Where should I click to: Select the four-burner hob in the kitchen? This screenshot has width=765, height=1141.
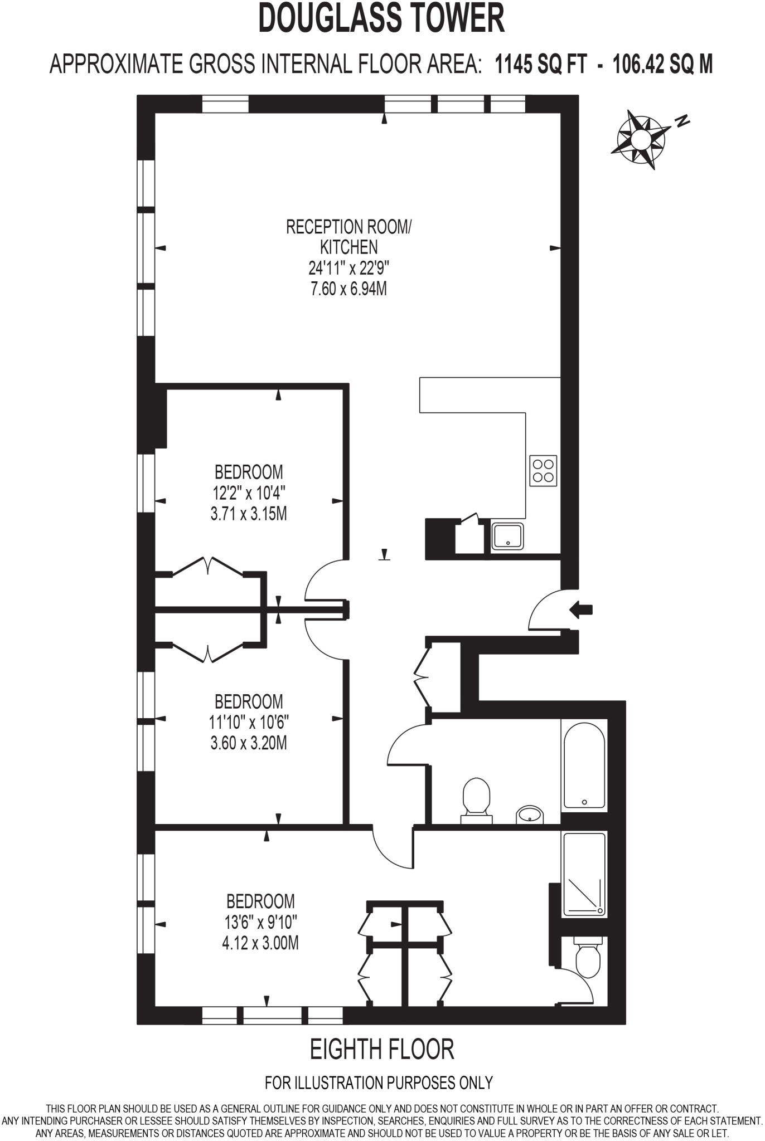(543, 470)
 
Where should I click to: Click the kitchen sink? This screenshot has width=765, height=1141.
(507, 536)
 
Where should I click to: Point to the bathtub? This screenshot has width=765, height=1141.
(584, 764)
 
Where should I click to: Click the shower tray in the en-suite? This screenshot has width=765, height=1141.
(584, 874)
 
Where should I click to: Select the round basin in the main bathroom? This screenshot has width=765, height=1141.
(530, 815)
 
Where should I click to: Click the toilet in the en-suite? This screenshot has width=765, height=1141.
(587, 957)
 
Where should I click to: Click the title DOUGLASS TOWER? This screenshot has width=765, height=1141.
(382, 18)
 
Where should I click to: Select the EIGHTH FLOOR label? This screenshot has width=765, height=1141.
(382, 1049)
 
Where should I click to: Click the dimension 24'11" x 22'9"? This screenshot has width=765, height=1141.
(349, 268)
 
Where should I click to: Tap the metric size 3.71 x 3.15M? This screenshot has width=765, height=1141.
(249, 513)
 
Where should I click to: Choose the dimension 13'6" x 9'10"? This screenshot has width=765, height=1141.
(260, 922)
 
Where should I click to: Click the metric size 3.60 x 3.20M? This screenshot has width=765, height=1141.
(249, 743)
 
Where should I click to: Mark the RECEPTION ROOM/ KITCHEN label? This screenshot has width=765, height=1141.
(349, 236)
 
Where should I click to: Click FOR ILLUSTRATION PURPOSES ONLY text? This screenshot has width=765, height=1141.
(379, 1083)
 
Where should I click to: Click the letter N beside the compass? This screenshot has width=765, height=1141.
(682, 121)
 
